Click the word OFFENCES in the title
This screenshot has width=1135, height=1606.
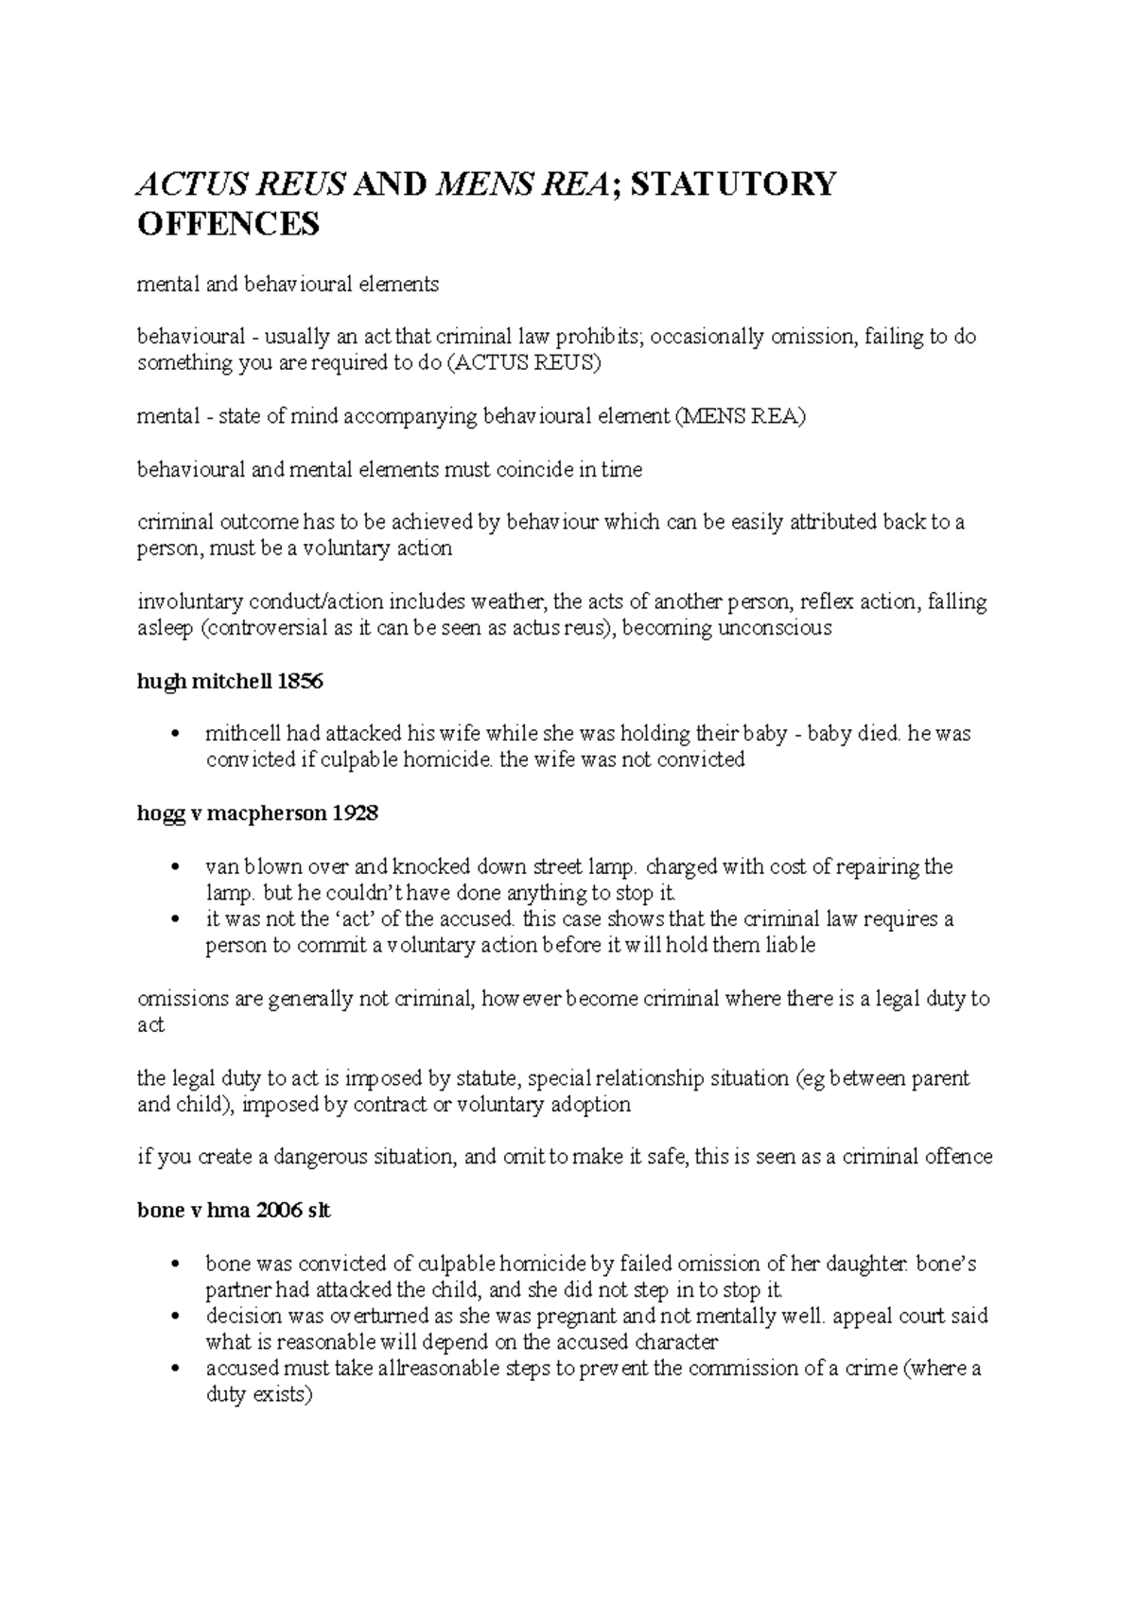pos(229,225)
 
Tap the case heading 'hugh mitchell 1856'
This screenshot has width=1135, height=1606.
pos(231,681)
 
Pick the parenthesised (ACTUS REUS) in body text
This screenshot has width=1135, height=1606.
pos(522,363)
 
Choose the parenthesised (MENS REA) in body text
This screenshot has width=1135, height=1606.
pos(739,416)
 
